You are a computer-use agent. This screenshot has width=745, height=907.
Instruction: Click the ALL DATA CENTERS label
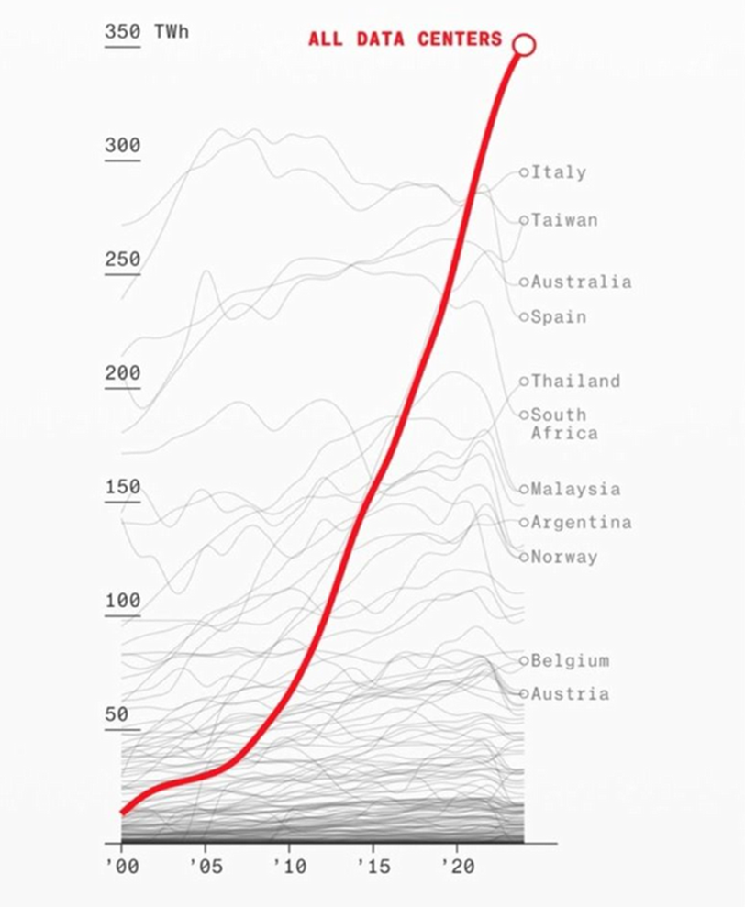[405, 39]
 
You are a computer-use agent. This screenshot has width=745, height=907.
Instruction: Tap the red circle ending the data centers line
[524, 44]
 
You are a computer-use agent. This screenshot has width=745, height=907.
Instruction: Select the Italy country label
[558, 171]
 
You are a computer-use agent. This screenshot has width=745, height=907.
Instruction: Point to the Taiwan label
[563, 220]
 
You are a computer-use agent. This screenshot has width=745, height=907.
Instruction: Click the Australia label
[581, 282]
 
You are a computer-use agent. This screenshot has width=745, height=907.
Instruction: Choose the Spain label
[558, 317]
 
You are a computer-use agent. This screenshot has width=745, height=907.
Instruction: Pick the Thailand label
[575, 381]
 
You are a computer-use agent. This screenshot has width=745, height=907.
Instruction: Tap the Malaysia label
[575, 489]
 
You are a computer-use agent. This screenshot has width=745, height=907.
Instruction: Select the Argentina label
[581, 523]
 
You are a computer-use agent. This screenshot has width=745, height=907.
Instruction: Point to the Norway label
[563, 557]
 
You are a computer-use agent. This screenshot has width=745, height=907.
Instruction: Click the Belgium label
[569, 660]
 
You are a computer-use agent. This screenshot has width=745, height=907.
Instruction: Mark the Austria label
[569, 693]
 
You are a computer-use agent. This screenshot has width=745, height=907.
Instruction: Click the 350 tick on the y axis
[122, 32]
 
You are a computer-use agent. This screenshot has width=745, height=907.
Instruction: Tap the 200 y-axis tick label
[122, 373]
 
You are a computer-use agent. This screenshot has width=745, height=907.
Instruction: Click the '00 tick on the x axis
[122, 867]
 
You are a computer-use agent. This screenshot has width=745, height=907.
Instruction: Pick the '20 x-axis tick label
[457, 867]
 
